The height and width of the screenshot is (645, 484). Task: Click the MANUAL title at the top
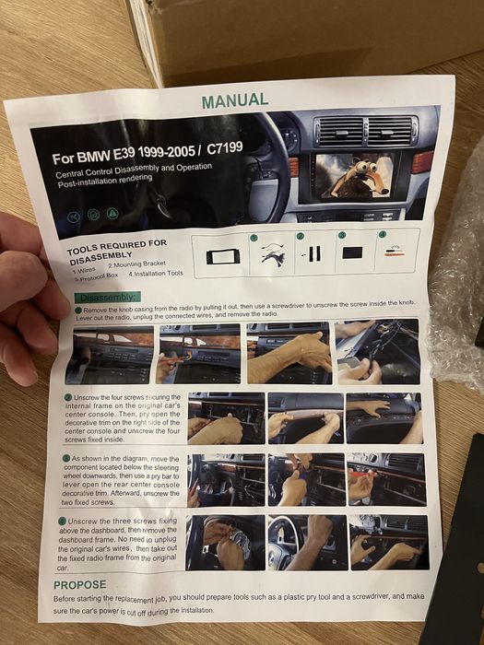click(x=235, y=99)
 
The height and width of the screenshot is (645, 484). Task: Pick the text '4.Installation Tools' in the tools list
click(x=156, y=273)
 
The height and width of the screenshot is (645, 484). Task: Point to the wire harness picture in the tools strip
click(x=271, y=253)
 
